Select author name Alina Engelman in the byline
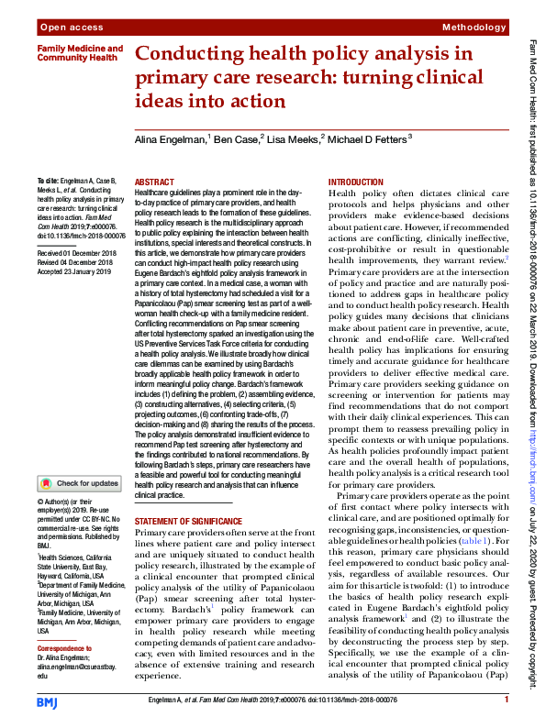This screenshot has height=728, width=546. (x=170, y=138)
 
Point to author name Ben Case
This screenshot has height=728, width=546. (x=236, y=138)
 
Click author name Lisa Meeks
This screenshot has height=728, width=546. (x=292, y=138)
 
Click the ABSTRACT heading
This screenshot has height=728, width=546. (x=154, y=183)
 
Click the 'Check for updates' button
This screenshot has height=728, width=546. (x=79, y=483)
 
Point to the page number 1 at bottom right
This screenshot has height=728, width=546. (x=506, y=700)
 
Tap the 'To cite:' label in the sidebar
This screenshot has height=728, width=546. (x=48, y=182)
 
